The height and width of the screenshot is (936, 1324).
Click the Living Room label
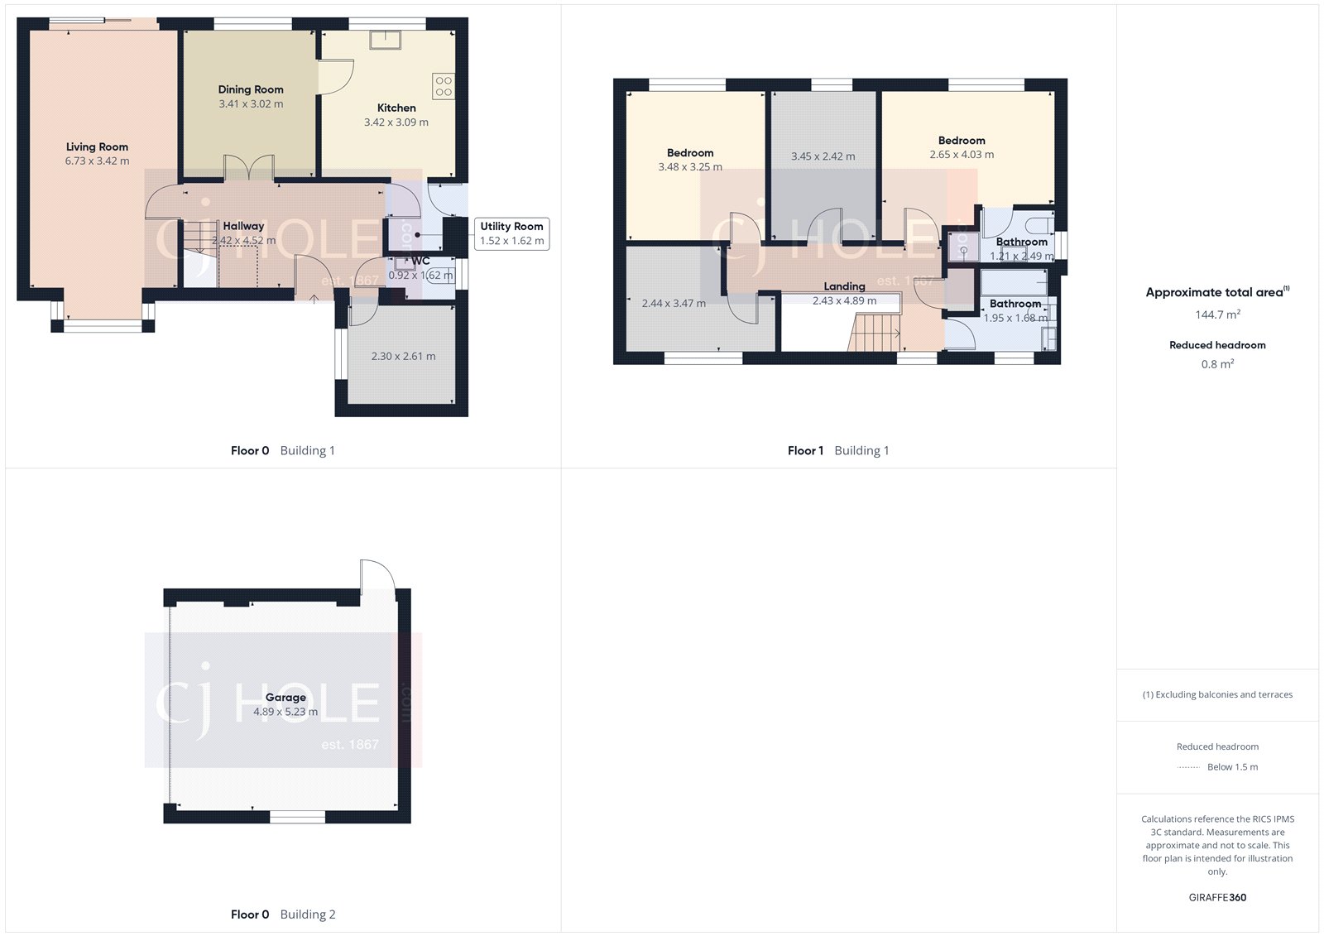(97, 147)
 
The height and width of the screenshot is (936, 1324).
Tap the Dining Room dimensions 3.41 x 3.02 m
(251, 104)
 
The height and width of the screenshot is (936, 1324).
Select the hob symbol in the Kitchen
(444, 86)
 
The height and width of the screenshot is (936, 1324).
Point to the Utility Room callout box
(511, 233)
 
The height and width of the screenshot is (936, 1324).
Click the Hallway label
(243, 226)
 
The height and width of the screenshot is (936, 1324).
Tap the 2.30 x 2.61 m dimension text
(403, 357)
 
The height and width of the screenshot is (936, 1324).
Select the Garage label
(285, 698)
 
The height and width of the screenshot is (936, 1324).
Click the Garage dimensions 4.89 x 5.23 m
(285, 712)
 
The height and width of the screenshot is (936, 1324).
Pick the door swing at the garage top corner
(377, 575)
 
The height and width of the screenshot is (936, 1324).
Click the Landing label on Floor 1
(844, 286)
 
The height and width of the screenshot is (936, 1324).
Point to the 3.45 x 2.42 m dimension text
(823, 156)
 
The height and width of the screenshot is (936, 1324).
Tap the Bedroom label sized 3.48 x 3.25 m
(690, 153)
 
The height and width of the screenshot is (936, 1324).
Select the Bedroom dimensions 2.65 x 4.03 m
(962, 155)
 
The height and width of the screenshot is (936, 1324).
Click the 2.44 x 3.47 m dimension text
(674, 304)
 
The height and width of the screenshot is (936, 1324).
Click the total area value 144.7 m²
(1217, 314)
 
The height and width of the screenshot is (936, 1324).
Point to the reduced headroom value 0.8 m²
(1217, 364)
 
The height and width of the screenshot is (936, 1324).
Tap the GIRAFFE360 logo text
(1217, 897)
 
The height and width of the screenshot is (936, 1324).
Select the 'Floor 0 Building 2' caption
(283, 914)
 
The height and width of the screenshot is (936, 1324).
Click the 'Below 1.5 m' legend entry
(1232, 767)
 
